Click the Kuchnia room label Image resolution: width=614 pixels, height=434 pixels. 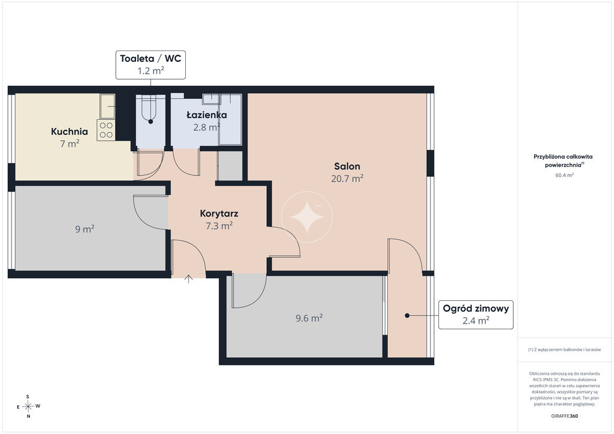coord(70,131)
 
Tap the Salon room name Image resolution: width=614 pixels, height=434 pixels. coord(347,166)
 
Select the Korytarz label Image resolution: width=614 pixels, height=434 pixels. coord(219,213)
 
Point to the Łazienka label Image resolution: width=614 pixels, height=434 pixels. coord(207,114)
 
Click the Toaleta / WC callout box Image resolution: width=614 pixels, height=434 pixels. coord(151,65)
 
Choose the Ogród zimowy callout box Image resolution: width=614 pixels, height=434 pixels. coord(475,315)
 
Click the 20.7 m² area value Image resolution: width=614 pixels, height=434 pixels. coord(347,179)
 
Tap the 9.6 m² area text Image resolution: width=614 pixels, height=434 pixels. coord(309,318)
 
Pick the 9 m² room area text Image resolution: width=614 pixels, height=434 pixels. coord(85,229)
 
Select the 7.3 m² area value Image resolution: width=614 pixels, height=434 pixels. coord(219,226)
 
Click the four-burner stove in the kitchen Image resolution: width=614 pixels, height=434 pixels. coord(106,130)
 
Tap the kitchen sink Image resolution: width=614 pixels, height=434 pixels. coord(107,106)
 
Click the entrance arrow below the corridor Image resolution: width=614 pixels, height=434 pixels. coord(189,279)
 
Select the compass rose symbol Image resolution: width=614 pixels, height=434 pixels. coord(28,406)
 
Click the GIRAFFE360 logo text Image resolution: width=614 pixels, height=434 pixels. coord(564,416)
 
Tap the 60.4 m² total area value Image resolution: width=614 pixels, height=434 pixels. coord(564,175)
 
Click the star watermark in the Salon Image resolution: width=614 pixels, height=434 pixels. coord(307,217)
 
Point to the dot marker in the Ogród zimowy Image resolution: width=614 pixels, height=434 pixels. coord(407,315)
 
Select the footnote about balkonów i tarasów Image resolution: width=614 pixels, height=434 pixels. coord(564,349)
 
